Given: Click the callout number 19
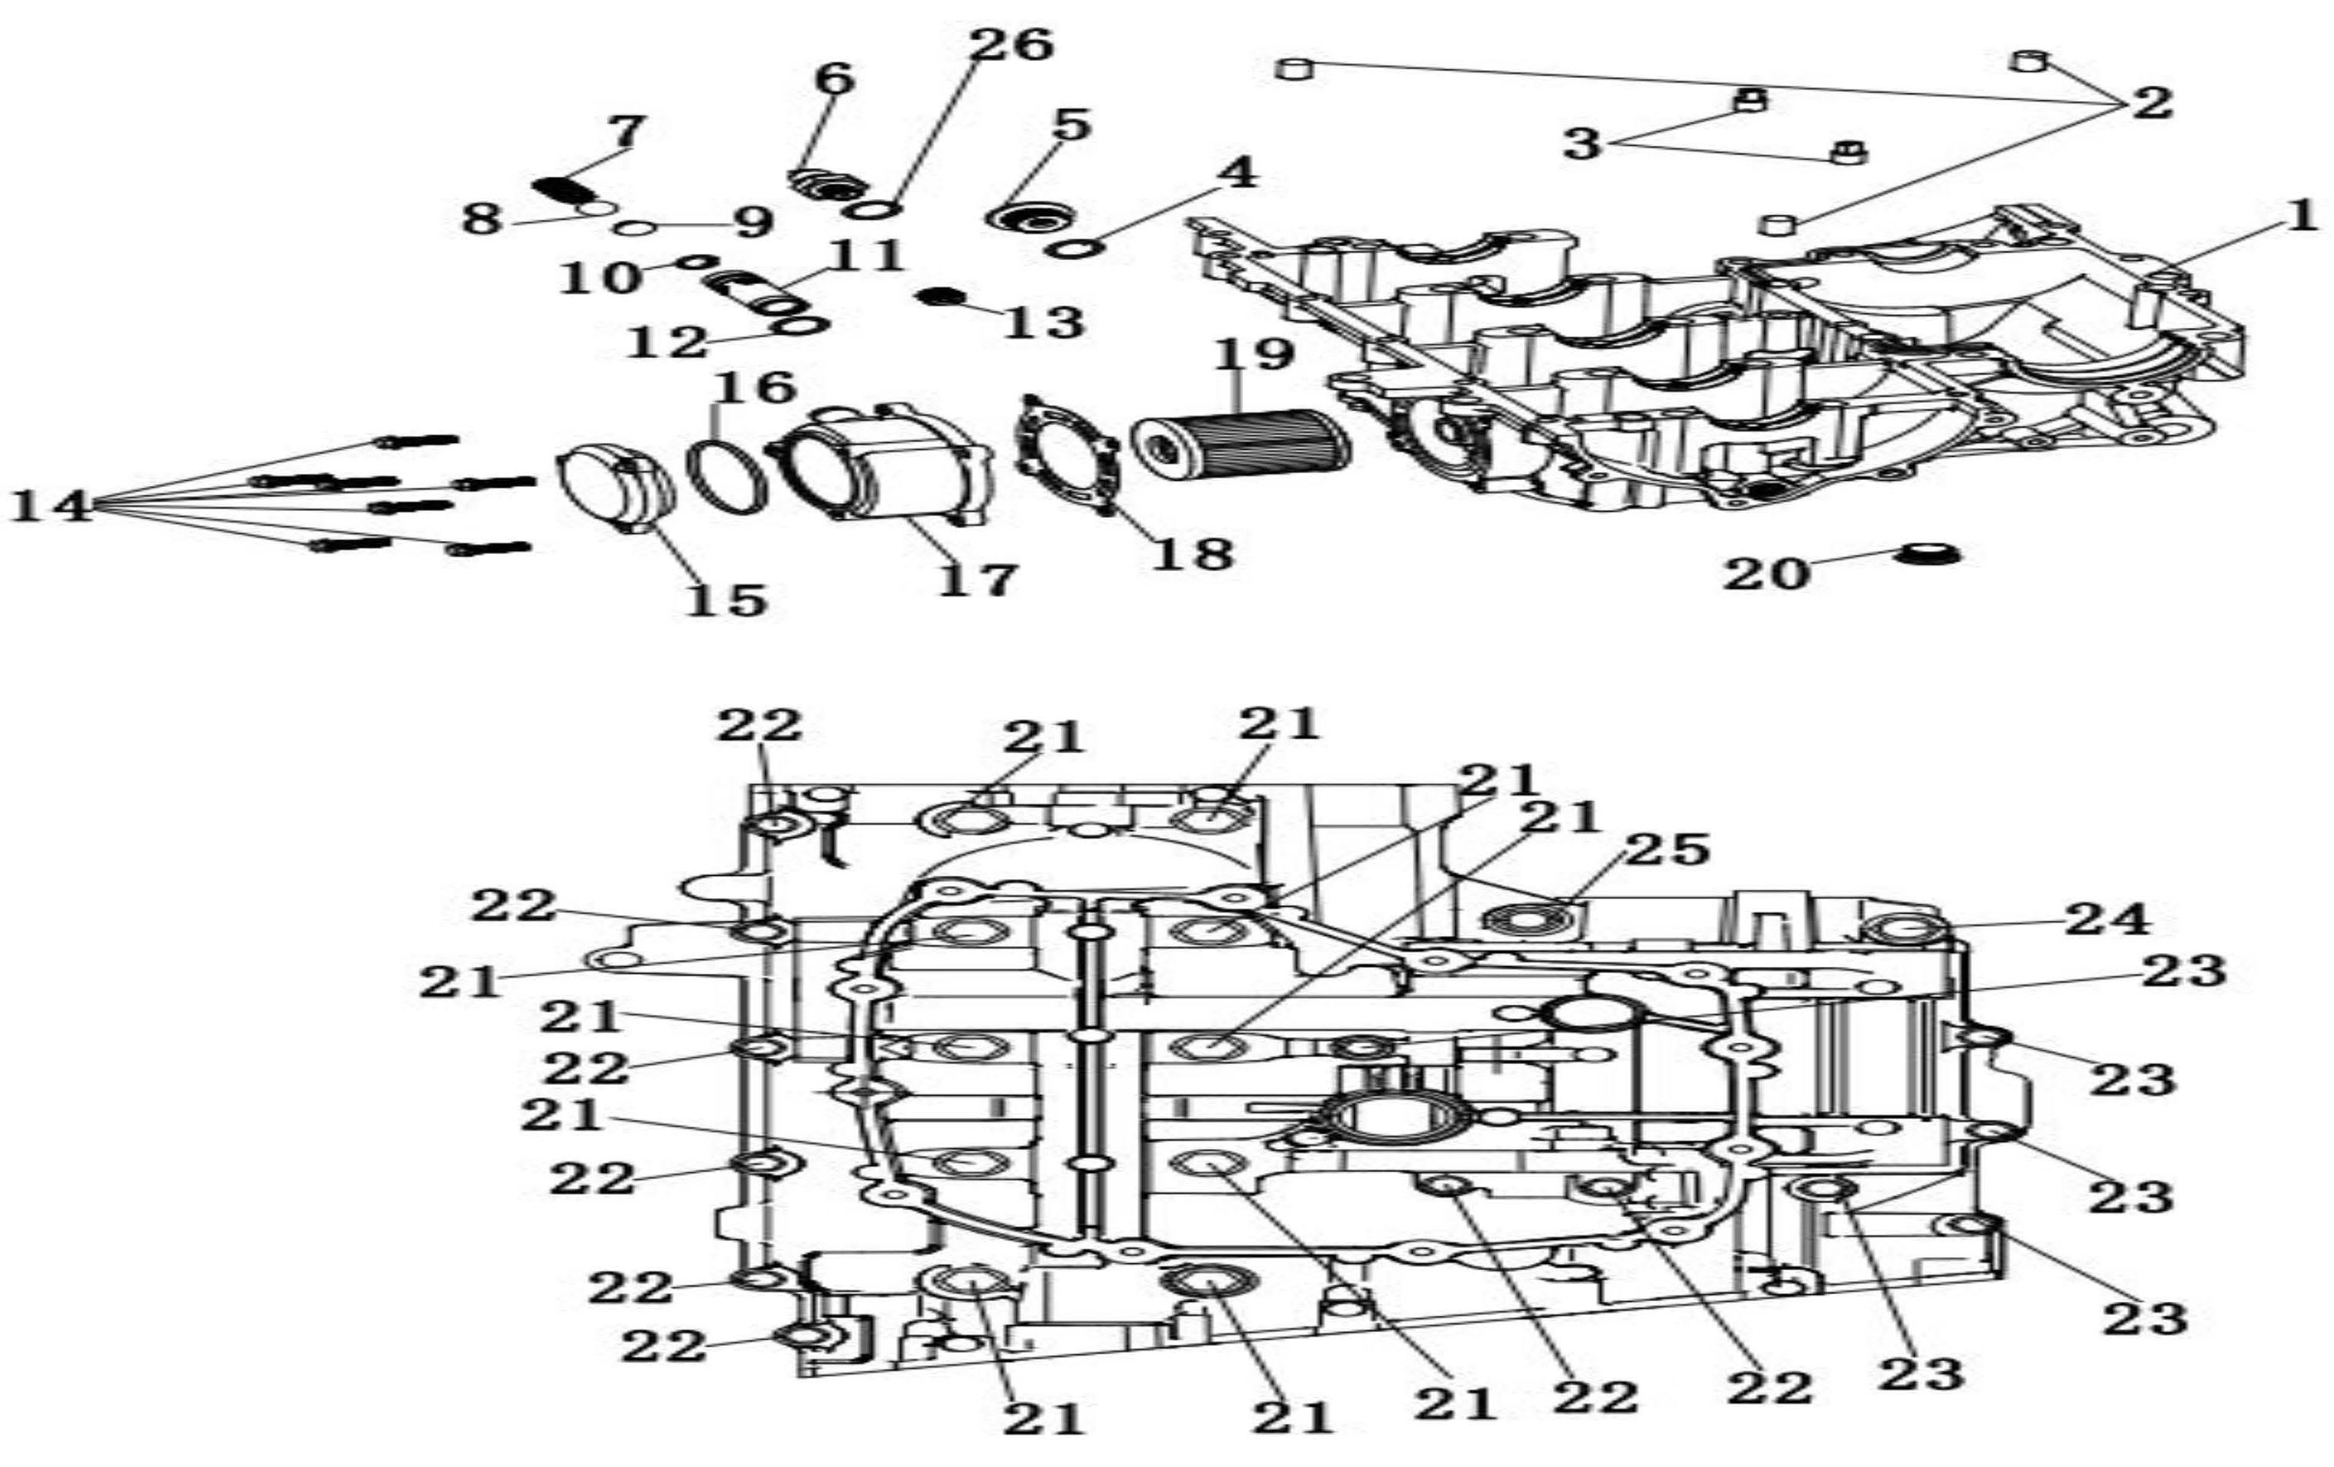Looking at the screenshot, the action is tap(1254, 355).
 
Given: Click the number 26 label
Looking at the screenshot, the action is tap(1011, 44).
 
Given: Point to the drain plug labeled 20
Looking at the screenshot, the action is tap(1929, 555).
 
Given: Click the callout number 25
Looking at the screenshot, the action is tap(1667, 850).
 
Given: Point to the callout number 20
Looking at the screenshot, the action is tap(1766, 573).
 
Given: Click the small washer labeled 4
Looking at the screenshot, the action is tap(1075, 247).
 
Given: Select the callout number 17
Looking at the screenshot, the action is tap(977, 580).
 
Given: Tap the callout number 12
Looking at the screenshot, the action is tap(669, 342).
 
